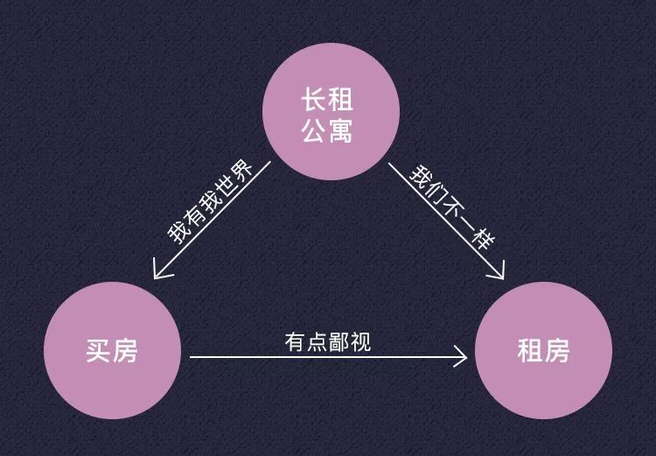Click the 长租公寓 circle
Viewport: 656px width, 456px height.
331,111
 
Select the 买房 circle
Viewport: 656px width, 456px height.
113,350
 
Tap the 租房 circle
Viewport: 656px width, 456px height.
543,350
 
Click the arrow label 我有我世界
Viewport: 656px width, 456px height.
210,202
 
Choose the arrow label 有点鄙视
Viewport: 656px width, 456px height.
328,342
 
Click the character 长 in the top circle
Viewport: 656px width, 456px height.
314,100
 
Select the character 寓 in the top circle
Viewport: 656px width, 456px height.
340,130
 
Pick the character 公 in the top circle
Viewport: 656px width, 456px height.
314,130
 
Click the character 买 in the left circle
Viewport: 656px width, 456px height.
99,350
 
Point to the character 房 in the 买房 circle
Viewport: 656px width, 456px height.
125,350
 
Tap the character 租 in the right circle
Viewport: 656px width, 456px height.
531,350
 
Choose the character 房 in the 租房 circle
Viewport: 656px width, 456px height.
557,350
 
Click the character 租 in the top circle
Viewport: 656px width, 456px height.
340,100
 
